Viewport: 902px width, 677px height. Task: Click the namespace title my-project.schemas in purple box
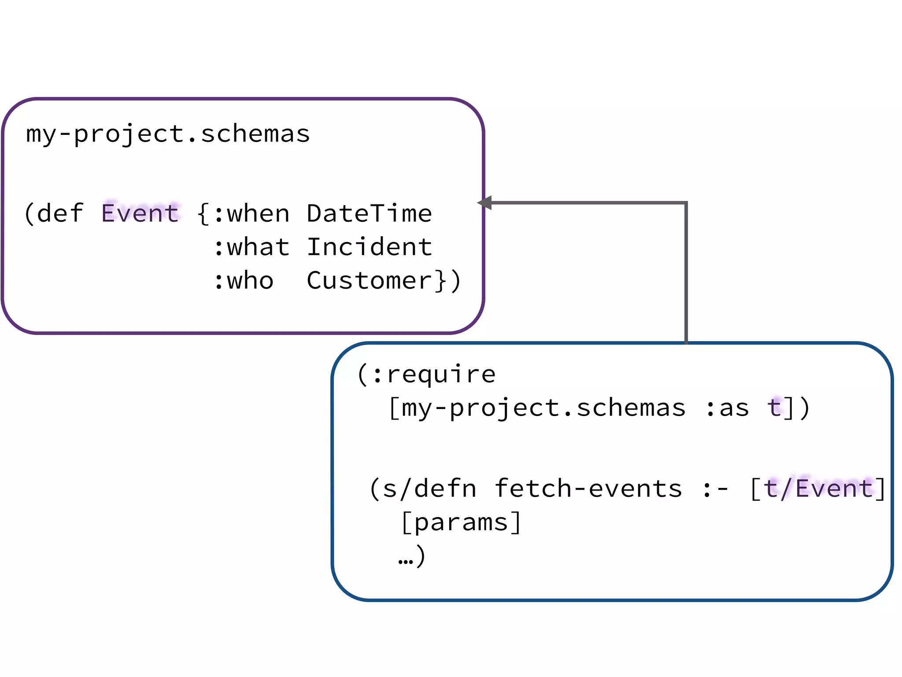pos(168,134)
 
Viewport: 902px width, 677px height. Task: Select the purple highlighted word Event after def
pos(140,213)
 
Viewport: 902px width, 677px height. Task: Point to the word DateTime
pos(369,214)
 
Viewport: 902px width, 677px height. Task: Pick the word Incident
pos(369,247)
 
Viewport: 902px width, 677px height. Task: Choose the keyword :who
pos(244,281)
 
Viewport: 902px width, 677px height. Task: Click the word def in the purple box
pos(60,214)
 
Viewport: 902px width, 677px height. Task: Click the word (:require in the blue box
pos(426,375)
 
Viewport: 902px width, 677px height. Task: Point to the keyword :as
pos(727,408)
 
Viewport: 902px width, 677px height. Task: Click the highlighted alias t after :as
pos(774,407)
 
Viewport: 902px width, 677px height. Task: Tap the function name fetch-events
pos(588,489)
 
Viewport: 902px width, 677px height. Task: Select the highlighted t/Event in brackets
pos(818,489)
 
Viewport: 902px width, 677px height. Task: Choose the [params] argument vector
pos(461,523)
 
